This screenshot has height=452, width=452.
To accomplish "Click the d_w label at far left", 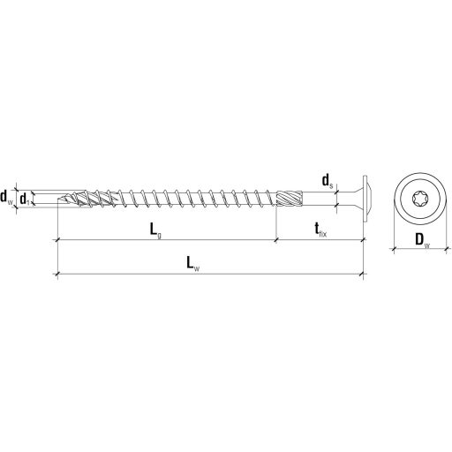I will pos(7,196).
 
